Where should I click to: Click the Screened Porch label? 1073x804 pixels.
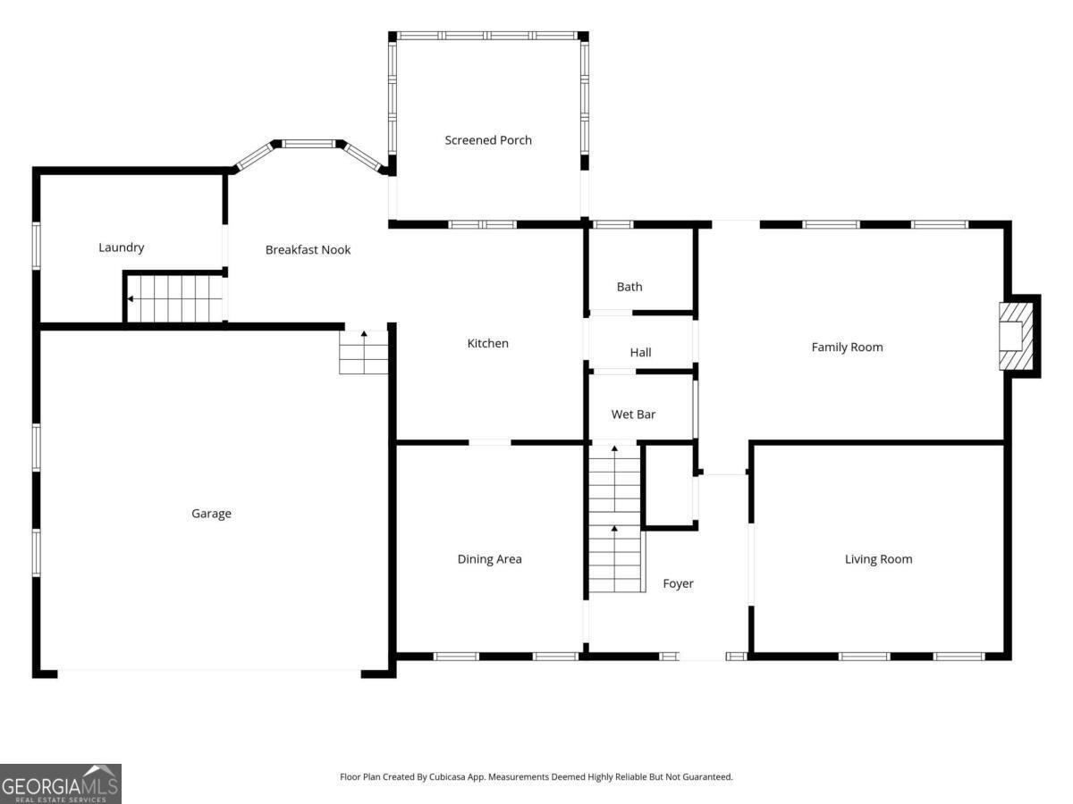pos(488,140)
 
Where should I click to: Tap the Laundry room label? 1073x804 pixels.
pos(122,247)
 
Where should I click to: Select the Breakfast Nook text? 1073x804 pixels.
pos(308,250)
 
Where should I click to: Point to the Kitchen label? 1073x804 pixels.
pos(488,343)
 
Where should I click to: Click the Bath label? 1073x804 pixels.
pos(629,287)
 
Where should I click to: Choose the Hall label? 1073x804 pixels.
pos(640,353)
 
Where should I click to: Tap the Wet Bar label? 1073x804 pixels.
pos(633,415)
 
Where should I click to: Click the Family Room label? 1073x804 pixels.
pos(847,348)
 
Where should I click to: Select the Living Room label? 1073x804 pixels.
pos(878,559)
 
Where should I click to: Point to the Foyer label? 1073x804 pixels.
pos(678,583)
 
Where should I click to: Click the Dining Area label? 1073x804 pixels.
pos(489,559)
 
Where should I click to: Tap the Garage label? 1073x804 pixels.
pos(211,514)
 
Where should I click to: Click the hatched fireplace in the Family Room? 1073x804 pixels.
pos(1016,336)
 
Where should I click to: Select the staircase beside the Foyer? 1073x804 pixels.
pos(614,518)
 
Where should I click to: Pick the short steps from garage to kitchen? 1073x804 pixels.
pos(364,352)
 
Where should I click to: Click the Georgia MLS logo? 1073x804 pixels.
pos(61,784)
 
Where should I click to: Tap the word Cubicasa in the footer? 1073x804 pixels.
pos(448,776)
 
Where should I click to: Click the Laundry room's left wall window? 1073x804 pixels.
pos(36,246)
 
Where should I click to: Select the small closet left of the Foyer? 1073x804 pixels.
pos(669,486)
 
